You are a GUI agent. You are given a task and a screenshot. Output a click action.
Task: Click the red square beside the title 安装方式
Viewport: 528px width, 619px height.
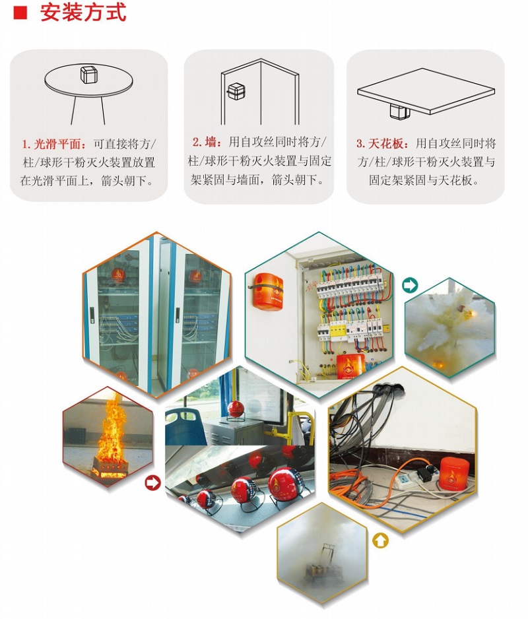click(20, 13)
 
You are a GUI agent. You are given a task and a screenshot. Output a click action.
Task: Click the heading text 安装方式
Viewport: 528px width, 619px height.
click(83, 13)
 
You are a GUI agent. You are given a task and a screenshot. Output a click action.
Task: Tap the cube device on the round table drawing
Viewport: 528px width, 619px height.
click(88, 74)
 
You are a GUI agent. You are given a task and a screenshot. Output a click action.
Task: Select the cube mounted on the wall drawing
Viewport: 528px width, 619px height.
click(236, 91)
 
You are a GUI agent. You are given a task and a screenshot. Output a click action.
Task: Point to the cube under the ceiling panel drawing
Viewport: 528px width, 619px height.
click(399, 111)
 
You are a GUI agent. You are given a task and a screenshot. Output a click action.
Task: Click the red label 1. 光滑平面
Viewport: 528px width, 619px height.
click(54, 144)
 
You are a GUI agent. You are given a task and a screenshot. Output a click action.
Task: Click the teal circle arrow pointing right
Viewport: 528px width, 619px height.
click(409, 284)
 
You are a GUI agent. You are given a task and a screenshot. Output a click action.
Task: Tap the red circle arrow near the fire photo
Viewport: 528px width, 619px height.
click(152, 482)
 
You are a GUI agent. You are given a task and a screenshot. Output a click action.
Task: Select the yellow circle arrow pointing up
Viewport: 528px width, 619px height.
click(380, 540)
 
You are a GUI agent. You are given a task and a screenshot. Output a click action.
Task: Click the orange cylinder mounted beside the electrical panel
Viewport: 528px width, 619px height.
click(268, 291)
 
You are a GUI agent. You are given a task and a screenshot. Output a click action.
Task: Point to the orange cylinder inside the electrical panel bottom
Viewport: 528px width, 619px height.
click(350, 366)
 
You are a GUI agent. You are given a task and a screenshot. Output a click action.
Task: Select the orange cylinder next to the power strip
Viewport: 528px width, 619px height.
click(455, 473)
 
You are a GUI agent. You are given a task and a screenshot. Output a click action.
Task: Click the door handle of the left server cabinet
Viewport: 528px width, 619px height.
click(92, 315)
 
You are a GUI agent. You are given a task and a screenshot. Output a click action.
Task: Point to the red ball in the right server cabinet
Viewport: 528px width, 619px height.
click(195, 277)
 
